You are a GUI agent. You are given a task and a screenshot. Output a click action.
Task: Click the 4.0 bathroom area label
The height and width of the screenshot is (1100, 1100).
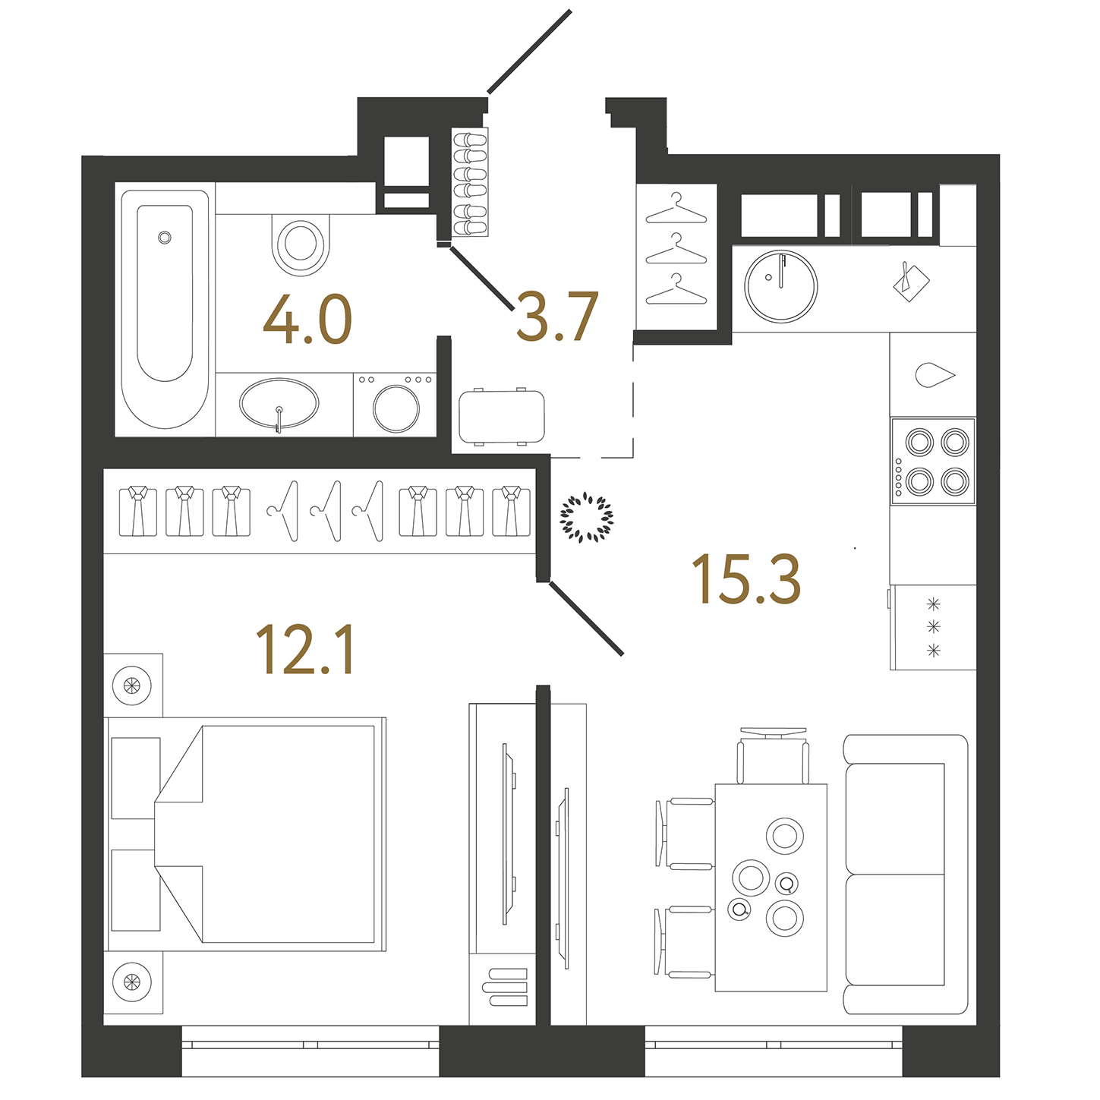(x=307, y=320)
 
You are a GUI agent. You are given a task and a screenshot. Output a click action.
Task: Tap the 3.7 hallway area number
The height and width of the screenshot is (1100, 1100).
(x=557, y=317)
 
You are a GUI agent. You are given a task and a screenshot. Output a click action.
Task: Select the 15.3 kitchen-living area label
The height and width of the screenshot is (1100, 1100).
(x=746, y=580)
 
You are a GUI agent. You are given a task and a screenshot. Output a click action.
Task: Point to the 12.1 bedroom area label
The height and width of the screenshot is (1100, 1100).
(x=305, y=650)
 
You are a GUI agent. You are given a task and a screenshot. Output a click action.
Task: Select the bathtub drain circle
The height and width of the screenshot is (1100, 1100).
(x=165, y=238)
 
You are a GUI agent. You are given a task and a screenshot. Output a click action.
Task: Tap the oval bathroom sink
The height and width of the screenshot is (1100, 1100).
(x=279, y=403)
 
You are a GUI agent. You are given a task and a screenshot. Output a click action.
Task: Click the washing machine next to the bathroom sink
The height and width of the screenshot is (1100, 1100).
(x=396, y=406)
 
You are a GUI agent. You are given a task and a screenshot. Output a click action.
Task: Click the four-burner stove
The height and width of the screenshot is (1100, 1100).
(x=933, y=461)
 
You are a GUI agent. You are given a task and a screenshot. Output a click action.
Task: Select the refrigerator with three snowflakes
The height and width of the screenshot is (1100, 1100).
(x=933, y=627)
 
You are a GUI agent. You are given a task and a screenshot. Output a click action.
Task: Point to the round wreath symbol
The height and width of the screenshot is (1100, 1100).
(x=586, y=518)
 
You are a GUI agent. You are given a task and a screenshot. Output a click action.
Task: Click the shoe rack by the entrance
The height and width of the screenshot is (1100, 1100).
(x=470, y=182)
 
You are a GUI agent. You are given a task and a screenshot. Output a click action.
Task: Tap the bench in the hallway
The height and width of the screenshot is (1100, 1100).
(x=502, y=417)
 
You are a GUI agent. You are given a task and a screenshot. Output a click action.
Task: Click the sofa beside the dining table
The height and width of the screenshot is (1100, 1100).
(x=905, y=874)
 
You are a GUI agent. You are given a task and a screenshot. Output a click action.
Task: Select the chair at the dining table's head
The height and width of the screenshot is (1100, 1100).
(x=773, y=755)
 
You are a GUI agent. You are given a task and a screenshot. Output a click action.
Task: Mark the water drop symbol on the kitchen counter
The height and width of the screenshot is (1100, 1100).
(x=934, y=375)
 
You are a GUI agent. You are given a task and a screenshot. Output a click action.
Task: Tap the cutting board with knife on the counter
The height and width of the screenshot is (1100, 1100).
(x=910, y=282)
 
